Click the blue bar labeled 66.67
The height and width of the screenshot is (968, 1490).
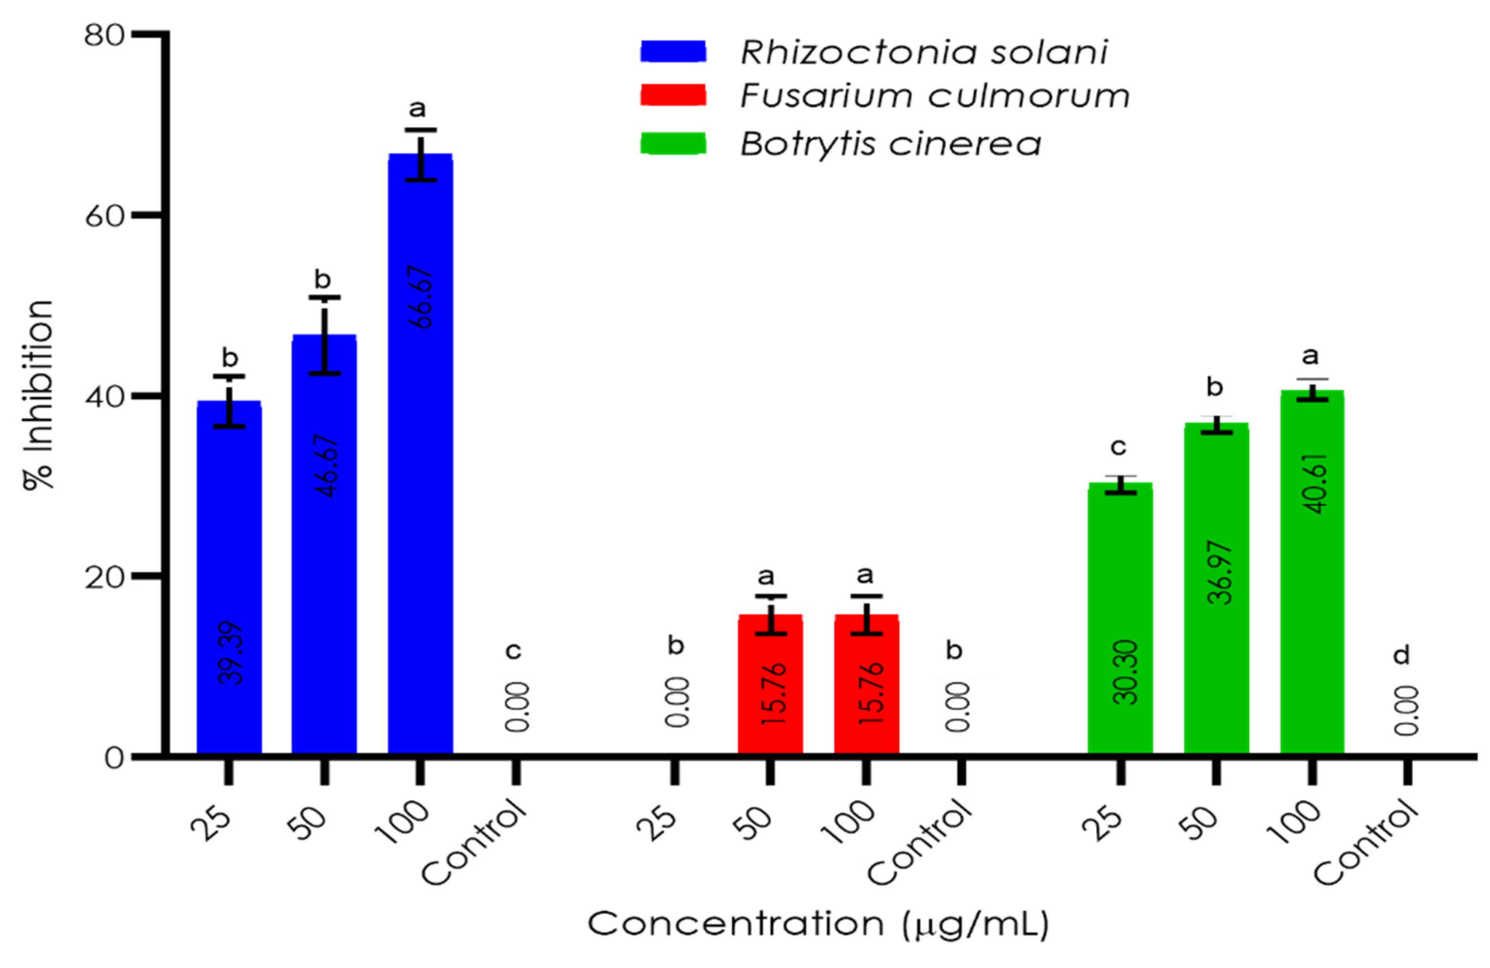click(x=419, y=451)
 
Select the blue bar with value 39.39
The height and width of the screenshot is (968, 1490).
click(x=229, y=576)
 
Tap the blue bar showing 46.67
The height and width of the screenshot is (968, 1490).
click(x=324, y=545)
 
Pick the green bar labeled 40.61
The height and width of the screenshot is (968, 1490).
click(x=1312, y=570)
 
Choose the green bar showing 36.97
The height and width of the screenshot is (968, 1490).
click(x=1216, y=589)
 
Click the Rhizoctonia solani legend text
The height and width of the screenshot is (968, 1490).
click(x=923, y=52)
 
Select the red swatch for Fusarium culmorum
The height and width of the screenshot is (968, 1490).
click(x=673, y=96)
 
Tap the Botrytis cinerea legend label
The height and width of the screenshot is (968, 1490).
click(x=890, y=144)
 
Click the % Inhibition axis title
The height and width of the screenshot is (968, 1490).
click(x=39, y=394)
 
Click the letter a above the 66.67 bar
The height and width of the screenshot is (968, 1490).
click(x=417, y=109)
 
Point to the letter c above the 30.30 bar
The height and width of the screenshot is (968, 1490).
click(x=1118, y=447)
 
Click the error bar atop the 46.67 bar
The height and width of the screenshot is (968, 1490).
click(x=324, y=335)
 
